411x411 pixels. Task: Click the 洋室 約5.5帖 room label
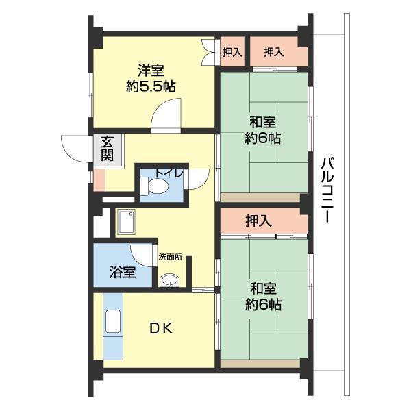pyautogui.click(x=151, y=78)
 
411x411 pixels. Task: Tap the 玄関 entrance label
pyautogui.click(x=108, y=149)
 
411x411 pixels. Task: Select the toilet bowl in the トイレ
pyautogui.click(x=154, y=186)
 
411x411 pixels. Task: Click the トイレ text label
pyautogui.click(x=169, y=173)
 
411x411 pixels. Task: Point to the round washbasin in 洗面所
pyautogui.click(x=169, y=280)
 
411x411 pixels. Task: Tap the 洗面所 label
pyautogui.click(x=171, y=257)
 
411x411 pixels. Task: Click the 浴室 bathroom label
pyautogui.click(x=123, y=272)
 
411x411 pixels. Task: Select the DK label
pyautogui.click(x=161, y=328)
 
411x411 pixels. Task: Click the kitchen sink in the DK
pyautogui.click(x=113, y=322)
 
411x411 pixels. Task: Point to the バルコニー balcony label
pyautogui.click(x=327, y=190)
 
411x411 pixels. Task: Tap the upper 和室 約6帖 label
pyautogui.click(x=263, y=130)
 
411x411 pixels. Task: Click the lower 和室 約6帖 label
pyautogui.click(x=264, y=297)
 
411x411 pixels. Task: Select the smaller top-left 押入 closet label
pyautogui.click(x=232, y=53)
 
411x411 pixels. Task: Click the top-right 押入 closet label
pyautogui.click(x=274, y=52)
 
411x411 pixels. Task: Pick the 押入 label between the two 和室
pyautogui.click(x=258, y=221)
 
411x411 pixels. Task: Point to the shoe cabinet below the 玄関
pyautogui.click(x=99, y=180)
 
